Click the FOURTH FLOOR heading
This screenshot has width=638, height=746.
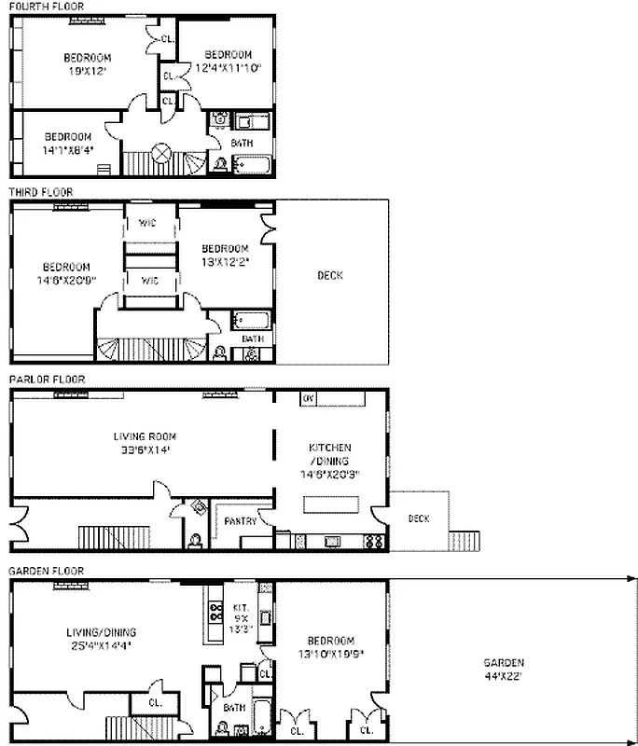(46, 7)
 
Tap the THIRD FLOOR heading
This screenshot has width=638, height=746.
(40, 192)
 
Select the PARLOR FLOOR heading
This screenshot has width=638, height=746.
(47, 380)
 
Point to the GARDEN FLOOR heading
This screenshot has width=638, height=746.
(47, 570)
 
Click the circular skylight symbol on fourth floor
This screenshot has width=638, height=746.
(161, 152)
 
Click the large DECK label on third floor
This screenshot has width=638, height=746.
(329, 275)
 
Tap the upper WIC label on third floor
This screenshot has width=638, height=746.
(147, 223)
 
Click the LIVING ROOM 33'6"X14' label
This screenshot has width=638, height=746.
(145, 442)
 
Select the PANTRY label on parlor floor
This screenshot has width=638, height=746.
(240, 521)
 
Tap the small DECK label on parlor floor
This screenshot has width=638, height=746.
(419, 519)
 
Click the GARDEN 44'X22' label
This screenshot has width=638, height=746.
(504, 669)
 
